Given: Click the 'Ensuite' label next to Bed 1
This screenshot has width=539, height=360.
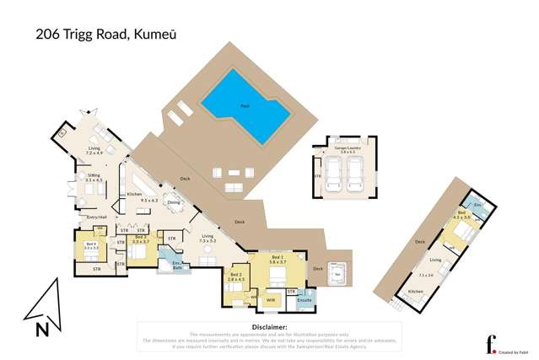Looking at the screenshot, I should pos(305,299).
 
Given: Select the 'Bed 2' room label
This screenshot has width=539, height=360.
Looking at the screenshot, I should pos(236,276).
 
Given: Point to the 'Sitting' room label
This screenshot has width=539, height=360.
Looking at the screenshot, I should pos(94,177).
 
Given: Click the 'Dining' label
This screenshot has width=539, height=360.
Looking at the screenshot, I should pos(173,202).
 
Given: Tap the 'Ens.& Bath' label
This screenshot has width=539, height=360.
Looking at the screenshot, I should pos(178,267).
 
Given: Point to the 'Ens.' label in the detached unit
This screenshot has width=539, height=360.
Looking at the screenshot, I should pos(477,205).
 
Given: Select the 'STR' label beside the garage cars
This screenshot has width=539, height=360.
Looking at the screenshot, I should pos(316,177).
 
